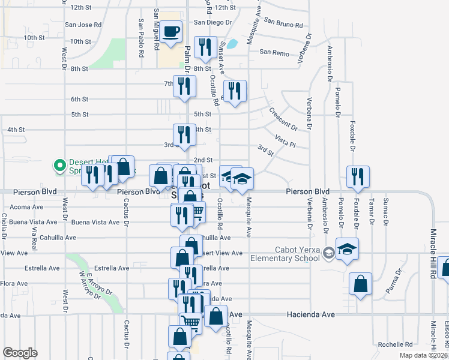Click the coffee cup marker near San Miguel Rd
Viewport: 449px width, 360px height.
tap(171, 32)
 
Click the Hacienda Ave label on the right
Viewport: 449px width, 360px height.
tap(309, 314)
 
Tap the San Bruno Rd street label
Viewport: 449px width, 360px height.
tap(282, 23)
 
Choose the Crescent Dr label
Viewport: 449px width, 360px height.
tap(283, 119)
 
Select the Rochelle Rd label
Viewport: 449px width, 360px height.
tap(395, 344)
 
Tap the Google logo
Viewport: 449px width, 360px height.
tap(20, 353)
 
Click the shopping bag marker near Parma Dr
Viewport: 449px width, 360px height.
tap(360, 284)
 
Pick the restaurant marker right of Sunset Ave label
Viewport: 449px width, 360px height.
tap(235, 91)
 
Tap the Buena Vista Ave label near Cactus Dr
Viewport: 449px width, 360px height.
tap(95, 222)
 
